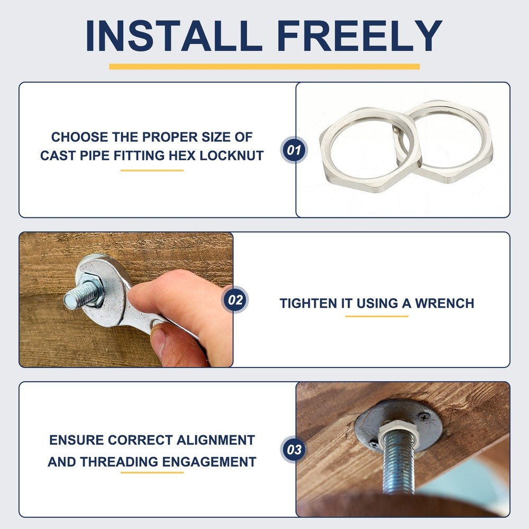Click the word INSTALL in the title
[x=174, y=35]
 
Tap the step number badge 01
[x=294, y=150]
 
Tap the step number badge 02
[x=235, y=299]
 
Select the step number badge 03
[x=294, y=449]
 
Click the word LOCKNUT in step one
[x=232, y=156]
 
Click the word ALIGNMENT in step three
[x=215, y=440]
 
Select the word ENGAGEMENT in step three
[x=209, y=462]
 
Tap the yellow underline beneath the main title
[x=264, y=67]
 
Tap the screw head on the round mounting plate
[x=423, y=417]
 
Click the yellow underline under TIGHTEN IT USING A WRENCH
[x=377, y=316]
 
